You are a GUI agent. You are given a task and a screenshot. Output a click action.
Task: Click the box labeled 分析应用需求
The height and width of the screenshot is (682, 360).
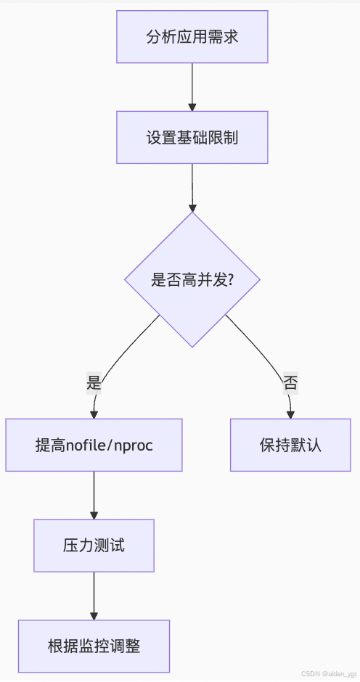(192, 37)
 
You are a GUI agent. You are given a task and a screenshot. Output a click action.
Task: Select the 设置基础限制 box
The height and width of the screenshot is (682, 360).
(192, 137)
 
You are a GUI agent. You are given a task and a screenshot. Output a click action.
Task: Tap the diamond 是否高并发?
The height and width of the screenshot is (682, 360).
(192, 279)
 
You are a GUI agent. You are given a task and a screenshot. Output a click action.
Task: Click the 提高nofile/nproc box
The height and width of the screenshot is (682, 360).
(94, 445)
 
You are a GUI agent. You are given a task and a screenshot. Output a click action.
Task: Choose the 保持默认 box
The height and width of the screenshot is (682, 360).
(290, 445)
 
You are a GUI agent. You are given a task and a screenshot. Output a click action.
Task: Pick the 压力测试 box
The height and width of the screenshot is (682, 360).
(94, 545)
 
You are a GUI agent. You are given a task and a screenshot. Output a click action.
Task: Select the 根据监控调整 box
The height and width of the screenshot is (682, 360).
(94, 645)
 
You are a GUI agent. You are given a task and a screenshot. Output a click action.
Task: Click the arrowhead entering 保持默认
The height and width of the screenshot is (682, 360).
(290, 414)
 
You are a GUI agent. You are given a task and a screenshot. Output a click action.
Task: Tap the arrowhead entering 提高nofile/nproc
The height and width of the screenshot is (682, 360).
(94, 414)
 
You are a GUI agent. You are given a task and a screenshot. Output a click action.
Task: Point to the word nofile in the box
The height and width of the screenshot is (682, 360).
(86, 445)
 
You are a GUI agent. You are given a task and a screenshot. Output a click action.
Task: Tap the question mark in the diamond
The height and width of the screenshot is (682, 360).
(230, 280)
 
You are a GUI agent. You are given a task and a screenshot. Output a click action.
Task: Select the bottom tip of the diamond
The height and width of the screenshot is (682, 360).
(192, 347)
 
